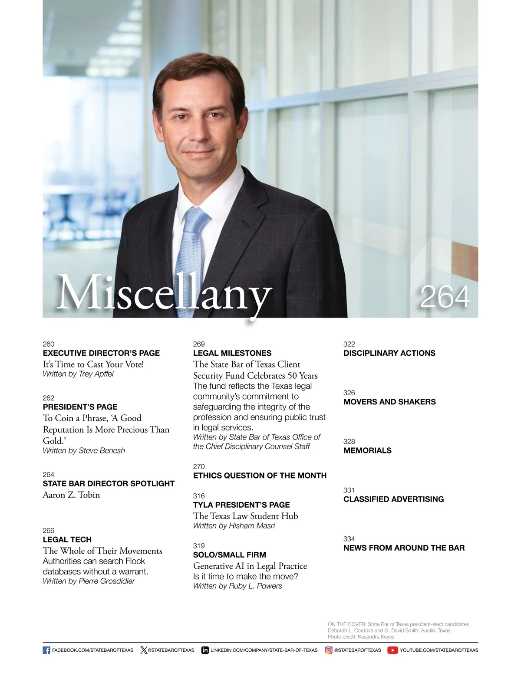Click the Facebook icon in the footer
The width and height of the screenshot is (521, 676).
click(46, 650)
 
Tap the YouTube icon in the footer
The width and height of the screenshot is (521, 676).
click(392, 650)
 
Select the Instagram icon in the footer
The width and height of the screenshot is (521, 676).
click(329, 650)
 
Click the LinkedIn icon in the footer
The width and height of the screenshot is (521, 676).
click(205, 650)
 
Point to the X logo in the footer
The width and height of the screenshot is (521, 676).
click(144, 650)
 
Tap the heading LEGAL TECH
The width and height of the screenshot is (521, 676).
click(67, 539)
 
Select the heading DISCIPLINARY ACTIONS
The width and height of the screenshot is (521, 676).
click(389, 353)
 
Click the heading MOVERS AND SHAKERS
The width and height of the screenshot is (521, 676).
click(389, 402)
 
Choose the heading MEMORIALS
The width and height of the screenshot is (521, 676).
click(367, 450)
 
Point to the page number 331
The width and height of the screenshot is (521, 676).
click(349, 490)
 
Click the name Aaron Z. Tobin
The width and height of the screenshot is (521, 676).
click(71, 495)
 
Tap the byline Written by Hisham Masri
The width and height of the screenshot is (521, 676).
click(234, 526)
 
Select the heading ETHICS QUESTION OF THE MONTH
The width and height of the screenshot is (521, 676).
click(260, 476)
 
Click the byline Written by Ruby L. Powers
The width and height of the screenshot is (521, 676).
click(237, 586)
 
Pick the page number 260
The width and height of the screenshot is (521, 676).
click(49, 344)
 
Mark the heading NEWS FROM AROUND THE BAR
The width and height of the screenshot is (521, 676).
click(404, 548)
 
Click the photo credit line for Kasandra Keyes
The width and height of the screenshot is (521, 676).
click(361, 637)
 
